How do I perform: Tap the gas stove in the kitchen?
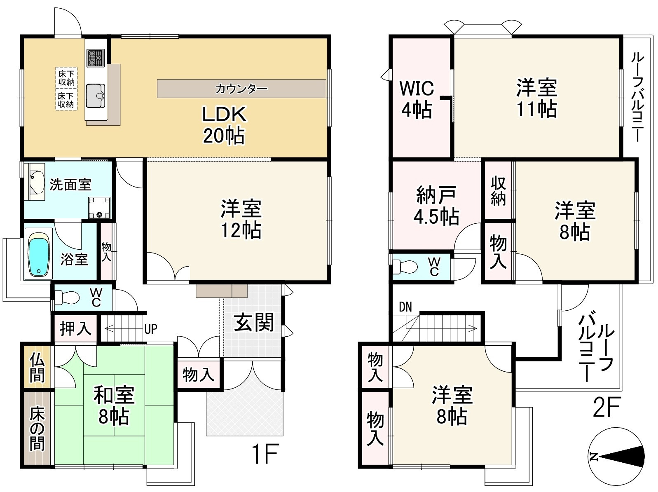[96, 58]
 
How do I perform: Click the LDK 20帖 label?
[224, 125]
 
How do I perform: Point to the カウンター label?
[241, 89]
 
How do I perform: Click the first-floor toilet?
[67, 298]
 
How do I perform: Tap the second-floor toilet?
[405, 266]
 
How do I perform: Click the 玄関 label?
[254, 323]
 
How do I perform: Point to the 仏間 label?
[37, 367]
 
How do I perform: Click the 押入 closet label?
[75, 328]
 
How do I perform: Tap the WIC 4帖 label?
[417, 99]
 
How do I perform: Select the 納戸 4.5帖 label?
[436, 205]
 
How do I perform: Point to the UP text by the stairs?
[151, 329]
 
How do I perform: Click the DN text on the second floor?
[405, 307]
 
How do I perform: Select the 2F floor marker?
[607, 407]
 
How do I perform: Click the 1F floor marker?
[266, 454]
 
